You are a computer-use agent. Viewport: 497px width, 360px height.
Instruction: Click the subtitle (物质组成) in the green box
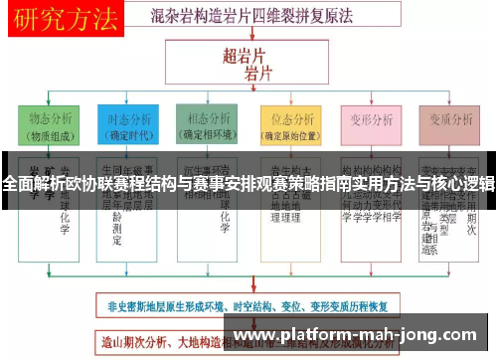point(49,136)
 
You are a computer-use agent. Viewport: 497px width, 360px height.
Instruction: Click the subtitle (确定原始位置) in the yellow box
point(287,136)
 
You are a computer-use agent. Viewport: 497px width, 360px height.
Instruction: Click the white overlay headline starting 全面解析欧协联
point(248,184)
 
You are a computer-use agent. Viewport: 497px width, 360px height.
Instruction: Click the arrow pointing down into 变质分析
point(446,101)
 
